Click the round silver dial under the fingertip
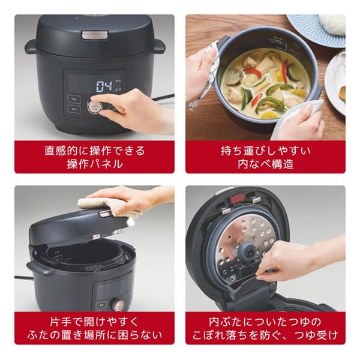coord(94,107)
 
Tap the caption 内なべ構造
coord(265,163)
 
